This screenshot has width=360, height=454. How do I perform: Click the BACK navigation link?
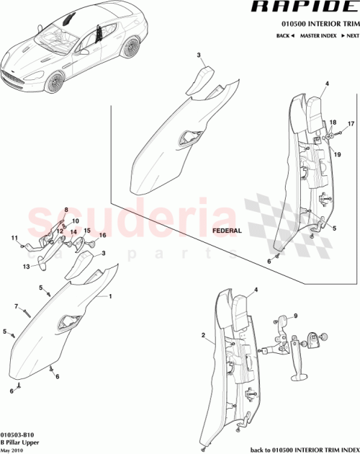(283, 35)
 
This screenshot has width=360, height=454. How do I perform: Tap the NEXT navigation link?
(350, 35)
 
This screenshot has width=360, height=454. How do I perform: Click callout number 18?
(333, 123)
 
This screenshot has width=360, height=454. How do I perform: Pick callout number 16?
(102, 236)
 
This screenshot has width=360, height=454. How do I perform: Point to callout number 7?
(16, 306)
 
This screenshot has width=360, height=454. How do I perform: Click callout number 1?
(110, 296)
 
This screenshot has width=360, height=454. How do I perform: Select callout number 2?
(204, 335)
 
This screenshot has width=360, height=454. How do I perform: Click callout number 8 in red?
(66, 210)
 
